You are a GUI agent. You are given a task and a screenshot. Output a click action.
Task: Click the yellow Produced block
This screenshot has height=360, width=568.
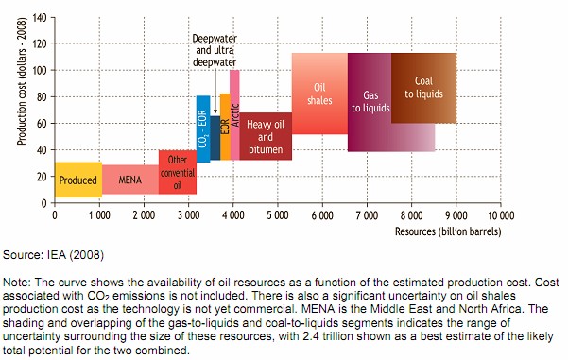click(x=78, y=180)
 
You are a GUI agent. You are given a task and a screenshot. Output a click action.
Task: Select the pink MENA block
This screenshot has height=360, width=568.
click(x=130, y=180)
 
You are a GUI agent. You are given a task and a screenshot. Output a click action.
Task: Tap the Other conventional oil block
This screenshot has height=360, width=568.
click(x=178, y=172)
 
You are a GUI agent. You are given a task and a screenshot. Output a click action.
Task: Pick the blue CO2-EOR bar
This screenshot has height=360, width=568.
click(x=203, y=129)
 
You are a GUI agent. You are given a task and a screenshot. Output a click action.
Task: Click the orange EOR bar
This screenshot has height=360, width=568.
click(x=225, y=127)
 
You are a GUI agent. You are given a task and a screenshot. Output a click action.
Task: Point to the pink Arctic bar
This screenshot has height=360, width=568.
click(x=234, y=115)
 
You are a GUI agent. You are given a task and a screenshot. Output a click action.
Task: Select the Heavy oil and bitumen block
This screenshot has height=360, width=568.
click(x=266, y=136)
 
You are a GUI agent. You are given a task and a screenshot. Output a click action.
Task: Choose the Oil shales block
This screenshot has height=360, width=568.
click(x=319, y=94)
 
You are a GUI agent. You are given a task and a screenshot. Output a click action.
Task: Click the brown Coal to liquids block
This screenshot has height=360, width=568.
click(x=423, y=88)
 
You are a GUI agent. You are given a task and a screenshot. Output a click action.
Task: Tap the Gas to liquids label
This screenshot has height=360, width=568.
click(x=370, y=101)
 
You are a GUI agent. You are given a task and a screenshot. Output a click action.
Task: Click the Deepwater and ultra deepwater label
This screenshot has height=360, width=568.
click(x=215, y=50)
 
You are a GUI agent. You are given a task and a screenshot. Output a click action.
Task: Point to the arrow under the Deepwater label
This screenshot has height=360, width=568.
click(x=215, y=92)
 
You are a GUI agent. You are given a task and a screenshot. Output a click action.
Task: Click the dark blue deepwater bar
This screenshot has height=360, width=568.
click(x=215, y=138)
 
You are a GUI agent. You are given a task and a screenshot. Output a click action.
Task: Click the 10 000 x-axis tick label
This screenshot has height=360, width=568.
click(x=501, y=215)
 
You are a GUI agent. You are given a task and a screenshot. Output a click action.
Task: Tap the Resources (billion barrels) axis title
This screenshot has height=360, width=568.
click(x=448, y=231)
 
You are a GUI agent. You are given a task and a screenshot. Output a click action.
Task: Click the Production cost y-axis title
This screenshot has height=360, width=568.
click(x=22, y=81)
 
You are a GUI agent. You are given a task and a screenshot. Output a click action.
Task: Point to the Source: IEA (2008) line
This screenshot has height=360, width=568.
click(x=53, y=255)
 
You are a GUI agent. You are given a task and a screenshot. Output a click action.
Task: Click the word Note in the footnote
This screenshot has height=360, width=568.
click(x=17, y=283)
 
